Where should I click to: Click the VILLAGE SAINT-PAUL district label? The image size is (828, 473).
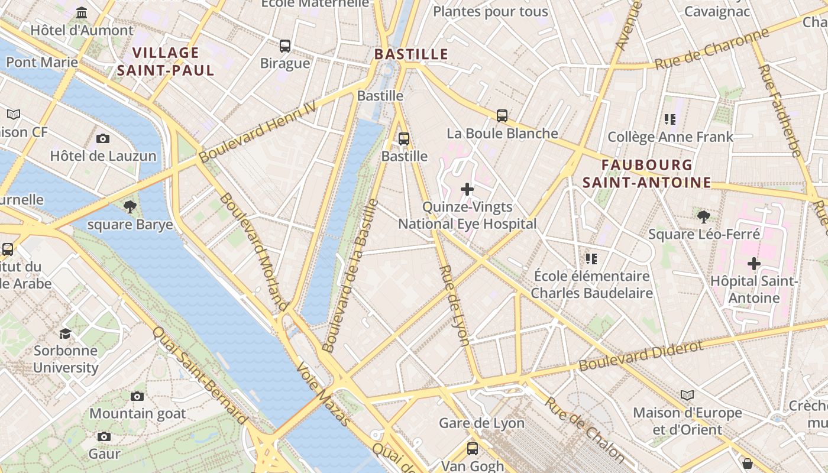click(x=166, y=61)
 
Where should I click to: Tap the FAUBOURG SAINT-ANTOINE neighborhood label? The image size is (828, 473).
click(x=646, y=174)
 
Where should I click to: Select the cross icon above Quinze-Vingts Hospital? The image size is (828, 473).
click(x=467, y=189)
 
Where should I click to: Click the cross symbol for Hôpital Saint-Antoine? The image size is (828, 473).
click(x=753, y=263)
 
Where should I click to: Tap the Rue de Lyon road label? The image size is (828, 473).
click(x=455, y=305)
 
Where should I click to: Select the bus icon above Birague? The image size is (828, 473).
click(x=285, y=46)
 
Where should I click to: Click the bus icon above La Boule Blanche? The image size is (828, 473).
click(x=502, y=115)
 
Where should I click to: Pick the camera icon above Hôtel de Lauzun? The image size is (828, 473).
click(x=103, y=138)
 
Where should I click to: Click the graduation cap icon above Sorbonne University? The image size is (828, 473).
click(x=65, y=333)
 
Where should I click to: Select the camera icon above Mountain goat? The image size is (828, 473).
click(x=137, y=396)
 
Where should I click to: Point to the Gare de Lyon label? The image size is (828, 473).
click(x=481, y=423)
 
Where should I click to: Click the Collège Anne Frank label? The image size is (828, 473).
click(x=670, y=137)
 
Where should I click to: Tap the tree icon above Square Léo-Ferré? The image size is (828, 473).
click(x=703, y=216)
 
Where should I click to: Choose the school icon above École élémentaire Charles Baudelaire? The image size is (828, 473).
click(x=591, y=258)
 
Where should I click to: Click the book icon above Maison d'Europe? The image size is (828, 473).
click(x=687, y=395)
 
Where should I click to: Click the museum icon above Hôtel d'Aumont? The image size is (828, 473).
click(x=82, y=12)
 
